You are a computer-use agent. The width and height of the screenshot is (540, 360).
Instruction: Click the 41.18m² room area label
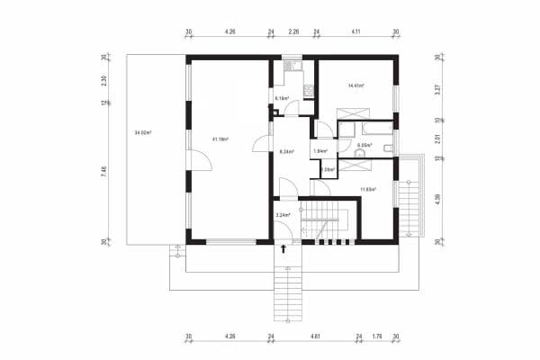click(220, 139)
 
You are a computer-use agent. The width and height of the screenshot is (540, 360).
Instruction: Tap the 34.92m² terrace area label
click(142, 132)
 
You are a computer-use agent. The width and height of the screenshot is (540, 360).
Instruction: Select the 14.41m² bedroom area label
click(355, 85)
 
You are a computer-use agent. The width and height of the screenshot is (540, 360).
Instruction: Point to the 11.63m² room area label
click(368, 189)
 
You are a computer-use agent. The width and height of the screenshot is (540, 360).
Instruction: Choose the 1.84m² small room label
click(319, 151)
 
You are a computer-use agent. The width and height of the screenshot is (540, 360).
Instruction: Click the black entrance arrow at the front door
click(285, 250)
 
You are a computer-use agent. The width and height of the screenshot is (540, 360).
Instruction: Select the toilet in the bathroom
click(358, 154)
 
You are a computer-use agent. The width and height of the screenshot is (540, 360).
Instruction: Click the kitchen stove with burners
click(307, 89)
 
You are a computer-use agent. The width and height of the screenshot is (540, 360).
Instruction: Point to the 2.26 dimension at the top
click(293, 31)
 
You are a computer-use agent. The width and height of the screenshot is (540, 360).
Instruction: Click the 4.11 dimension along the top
click(356, 31)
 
